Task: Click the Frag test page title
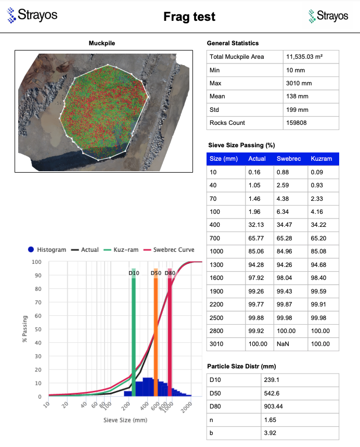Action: coord(189,17)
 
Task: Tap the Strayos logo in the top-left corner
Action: coord(32,15)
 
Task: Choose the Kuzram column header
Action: coord(321,159)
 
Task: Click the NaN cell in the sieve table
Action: coord(283,344)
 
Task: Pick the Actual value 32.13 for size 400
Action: coord(257,225)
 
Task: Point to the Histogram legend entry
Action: coord(47,250)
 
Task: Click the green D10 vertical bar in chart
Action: coord(134,333)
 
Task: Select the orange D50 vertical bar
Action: coord(156,333)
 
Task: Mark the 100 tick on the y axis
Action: coord(37,262)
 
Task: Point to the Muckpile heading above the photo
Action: coord(102,43)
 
